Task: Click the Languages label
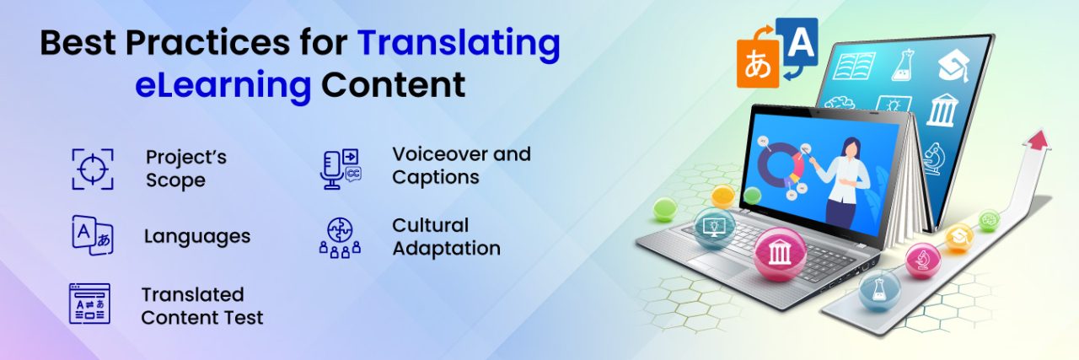[x=197, y=236]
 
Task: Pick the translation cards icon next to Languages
[x=92, y=234]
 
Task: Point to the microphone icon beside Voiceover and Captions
[x=340, y=168]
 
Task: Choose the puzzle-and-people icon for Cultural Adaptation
[x=340, y=236]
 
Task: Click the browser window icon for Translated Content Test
[x=90, y=304]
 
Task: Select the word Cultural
[x=430, y=225]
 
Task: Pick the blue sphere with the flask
[x=879, y=290]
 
